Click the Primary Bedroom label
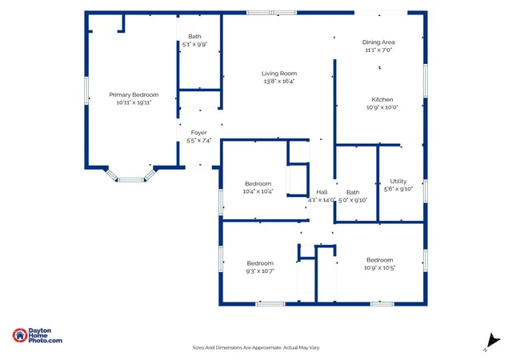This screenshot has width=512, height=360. (x=134, y=94)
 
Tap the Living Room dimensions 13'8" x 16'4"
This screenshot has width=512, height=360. (x=279, y=82)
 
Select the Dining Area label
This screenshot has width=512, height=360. (x=378, y=42)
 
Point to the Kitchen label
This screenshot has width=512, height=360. (x=382, y=100)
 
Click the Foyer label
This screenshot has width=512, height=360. (x=199, y=133)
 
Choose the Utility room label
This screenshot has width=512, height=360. (x=398, y=182)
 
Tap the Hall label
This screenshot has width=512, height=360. (x=322, y=192)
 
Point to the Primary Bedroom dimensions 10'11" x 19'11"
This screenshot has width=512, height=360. (x=134, y=102)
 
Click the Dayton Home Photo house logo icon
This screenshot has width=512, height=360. (x=20, y=335)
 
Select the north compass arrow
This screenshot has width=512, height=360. (x=493, y=342)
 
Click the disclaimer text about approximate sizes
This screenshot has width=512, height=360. (x=256, y=348)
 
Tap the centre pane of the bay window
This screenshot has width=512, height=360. (x=130, y=180)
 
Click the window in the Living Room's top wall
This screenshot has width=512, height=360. (x=271, y=13)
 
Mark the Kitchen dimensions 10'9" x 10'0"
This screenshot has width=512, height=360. (x=382, y=107)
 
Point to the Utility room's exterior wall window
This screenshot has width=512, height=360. (x=425, y=190)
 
